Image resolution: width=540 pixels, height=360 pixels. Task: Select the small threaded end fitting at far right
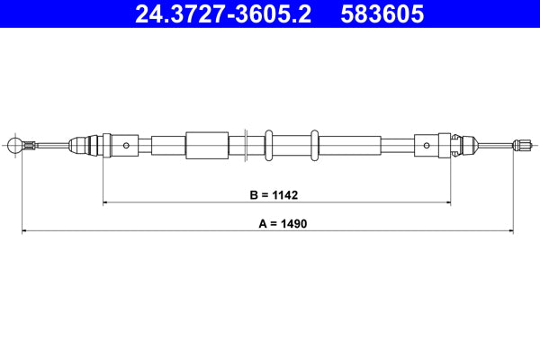coord(519,144)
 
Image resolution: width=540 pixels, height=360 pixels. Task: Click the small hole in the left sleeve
coord(127,144)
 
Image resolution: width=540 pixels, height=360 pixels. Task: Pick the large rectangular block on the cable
coord(206,144)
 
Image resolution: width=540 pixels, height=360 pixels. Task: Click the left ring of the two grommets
coord(269,144)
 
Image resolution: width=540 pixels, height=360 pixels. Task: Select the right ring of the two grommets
coord(314,144)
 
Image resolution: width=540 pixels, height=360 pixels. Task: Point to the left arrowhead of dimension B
coord(107,202)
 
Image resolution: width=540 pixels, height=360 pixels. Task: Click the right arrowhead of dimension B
coord(447,202)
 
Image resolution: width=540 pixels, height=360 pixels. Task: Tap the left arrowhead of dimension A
coord(24,231)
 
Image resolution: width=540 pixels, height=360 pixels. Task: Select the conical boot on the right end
coord(463,144)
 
